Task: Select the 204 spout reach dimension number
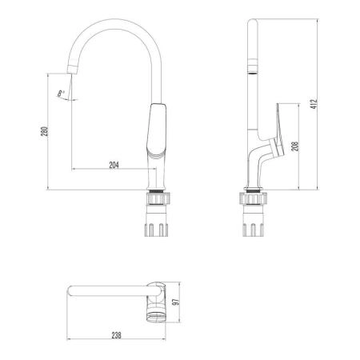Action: pos(114,165)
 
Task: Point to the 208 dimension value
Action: pos(295,146)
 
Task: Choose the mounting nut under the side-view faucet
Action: pos(252,197)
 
